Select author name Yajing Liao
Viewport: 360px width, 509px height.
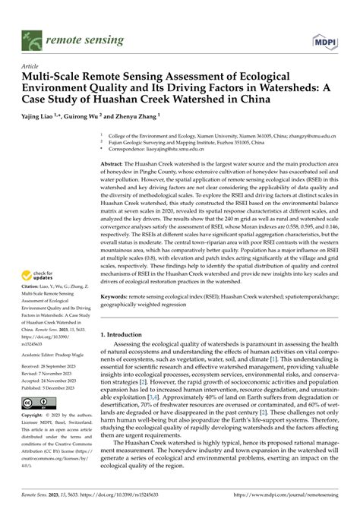[46, 117]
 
